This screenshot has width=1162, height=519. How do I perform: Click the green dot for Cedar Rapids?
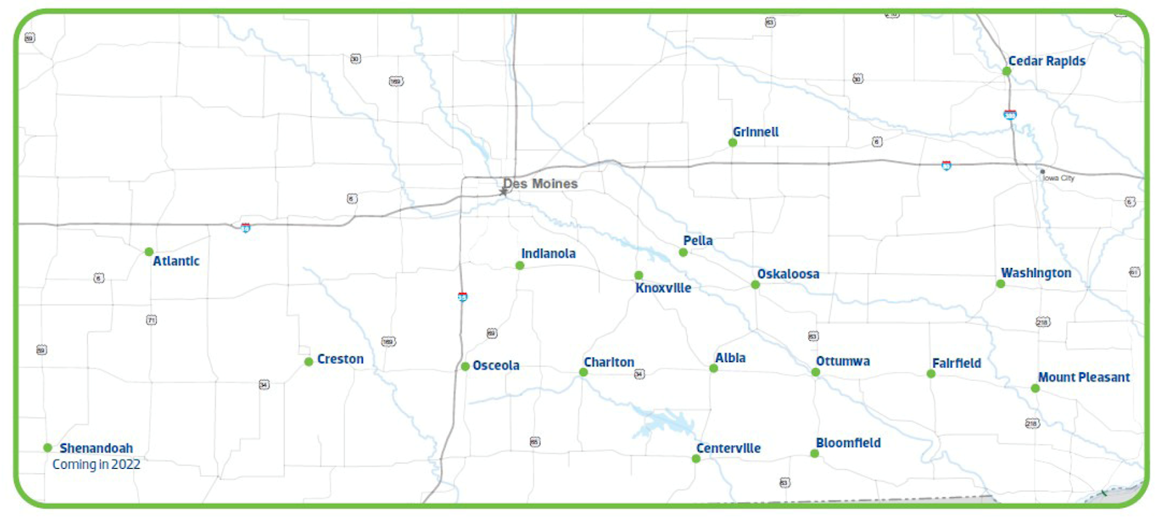point(1007,71)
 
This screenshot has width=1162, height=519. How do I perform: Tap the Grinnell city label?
point(755,132)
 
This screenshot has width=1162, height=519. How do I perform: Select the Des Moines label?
point(541,184)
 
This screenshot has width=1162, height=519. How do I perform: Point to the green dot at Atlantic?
point(149,252)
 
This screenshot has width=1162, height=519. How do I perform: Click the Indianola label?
point(548,254)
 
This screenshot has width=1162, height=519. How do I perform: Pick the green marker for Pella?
point(683,252)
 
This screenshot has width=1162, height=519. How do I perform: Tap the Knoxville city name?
point(663,288)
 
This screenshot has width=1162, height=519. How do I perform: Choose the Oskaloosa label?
point(788,274)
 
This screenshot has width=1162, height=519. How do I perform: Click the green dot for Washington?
point(1001,283)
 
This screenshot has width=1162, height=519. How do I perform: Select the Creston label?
point(340,359)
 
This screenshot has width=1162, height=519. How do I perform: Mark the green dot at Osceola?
point(465,366)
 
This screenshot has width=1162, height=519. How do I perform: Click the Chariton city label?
point(609,362)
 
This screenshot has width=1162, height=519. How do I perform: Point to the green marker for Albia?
point(714,369)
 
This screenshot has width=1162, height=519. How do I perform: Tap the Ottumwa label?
point(842,361)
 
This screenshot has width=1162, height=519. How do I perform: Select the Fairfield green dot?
point(931,374)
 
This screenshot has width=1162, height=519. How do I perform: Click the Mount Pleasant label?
point(1084,377)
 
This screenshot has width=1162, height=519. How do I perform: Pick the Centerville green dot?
point(696,459)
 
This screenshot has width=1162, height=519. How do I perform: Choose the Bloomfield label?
point(848,443)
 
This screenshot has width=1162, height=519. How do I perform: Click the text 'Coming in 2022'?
point(96,464)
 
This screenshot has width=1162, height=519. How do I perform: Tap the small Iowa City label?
point(1059,178)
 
